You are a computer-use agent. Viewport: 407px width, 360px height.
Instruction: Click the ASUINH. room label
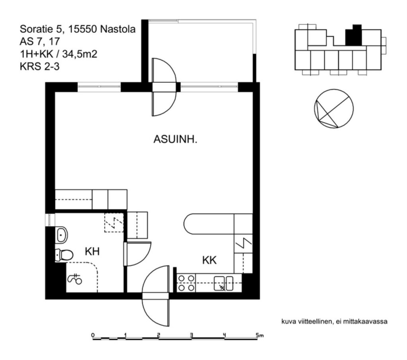coord(175,140)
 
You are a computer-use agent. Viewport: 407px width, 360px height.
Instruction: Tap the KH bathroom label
coord(92,251)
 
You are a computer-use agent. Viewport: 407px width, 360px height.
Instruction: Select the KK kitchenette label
coord(209,260)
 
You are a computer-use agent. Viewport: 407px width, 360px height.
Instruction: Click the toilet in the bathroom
coord(64,255)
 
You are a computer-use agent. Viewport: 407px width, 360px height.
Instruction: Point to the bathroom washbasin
coord(62,235)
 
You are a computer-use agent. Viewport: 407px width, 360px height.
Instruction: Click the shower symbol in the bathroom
coord(75,279)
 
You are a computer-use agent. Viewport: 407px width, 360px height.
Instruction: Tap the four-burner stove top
coord(186,283)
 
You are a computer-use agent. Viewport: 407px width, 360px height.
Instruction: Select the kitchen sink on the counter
coord(223,283)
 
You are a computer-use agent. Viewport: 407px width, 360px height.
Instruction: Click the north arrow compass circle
coord(334,109)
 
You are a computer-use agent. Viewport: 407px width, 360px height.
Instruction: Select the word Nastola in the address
coord(118,29)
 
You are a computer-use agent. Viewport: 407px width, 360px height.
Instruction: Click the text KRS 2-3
coord(39,66)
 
